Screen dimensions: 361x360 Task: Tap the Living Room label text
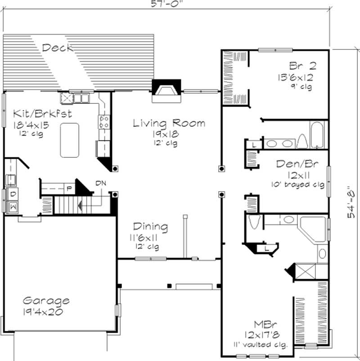pyautogui.click(x=169, y=123)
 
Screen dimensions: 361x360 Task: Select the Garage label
pyautogui.click(x=46, y=300)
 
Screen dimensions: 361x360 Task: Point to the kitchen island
pyautogui.click(x=69, y=140)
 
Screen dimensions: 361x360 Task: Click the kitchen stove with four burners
pyautogui.click(x=104, y=121)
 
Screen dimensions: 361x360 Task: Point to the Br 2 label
pyautogui.click(x=297, y=66)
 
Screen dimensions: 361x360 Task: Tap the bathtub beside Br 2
pyautogui.click(x=317, y=134)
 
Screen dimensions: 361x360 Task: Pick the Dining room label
pyautogui.click(x=150, y=227)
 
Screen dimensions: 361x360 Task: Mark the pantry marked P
pyautogui.click(x=69, y=188)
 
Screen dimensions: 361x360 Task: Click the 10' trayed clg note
pyautogui.click(x=297, y=184)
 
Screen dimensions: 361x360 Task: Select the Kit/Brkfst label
pyautogui.click(x=42, y=113)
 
